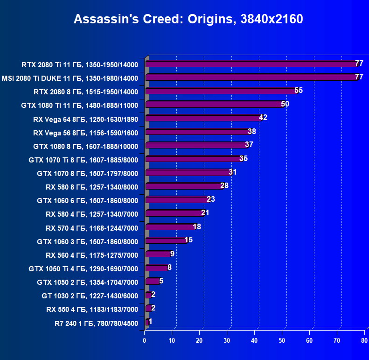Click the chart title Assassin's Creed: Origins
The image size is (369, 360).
[188, 19]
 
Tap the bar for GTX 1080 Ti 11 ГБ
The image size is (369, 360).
[215, 105]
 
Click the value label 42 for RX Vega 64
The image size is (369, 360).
[263, 118]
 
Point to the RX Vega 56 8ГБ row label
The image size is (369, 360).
[86, 133]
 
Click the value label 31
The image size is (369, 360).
[233, 172]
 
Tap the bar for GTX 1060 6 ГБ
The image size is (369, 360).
[177, 200]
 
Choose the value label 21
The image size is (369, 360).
[205, 213]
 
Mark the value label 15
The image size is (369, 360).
[188, 240]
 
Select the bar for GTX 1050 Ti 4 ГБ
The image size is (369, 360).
[156, 268]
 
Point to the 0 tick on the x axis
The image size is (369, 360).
[145, 341]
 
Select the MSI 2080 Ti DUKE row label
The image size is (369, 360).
[70, 78]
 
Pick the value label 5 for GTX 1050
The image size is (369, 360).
[161, 281]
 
